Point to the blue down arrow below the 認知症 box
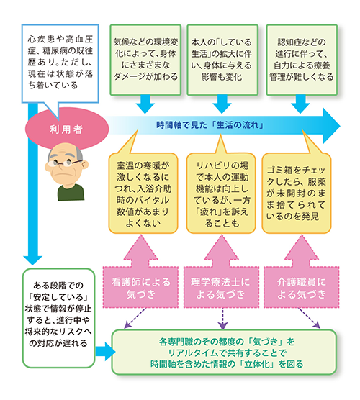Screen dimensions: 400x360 [300, 104]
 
